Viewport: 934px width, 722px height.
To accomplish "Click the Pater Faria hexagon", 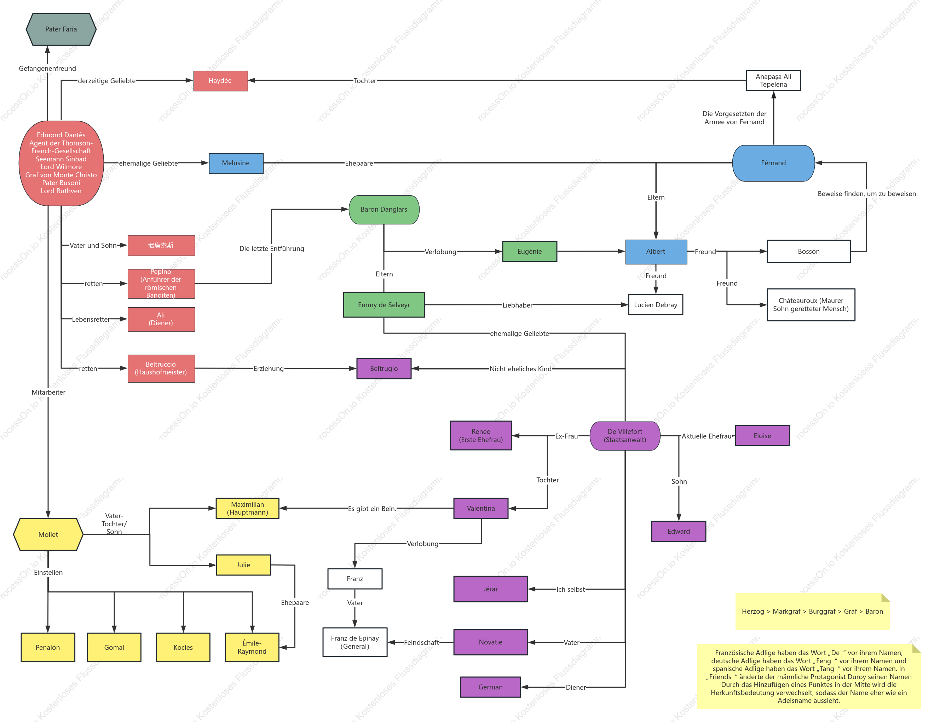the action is click(x=61, y=29).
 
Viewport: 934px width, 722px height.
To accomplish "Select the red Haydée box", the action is click(x=221, y=81).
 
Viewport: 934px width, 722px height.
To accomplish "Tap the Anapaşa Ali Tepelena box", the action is click(x=773, y=80).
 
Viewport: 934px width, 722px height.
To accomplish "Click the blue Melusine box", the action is click(x=236, y=163).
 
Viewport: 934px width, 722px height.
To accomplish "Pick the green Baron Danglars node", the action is click(x=384, y=210).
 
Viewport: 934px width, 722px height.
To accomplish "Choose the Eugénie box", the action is click(x=529, y=252).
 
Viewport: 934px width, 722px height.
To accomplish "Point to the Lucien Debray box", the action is click(x=656, y=304).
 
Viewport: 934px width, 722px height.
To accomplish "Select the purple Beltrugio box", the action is click(x=384, y=369).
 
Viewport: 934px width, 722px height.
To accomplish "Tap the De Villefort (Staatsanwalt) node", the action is click(x=625, y=436).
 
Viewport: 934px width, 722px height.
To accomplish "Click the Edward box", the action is click(x=679, y=531).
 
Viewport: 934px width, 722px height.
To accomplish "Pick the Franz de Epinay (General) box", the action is click(x=355, y=642).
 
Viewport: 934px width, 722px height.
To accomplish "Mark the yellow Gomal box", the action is click(x=114, y=647).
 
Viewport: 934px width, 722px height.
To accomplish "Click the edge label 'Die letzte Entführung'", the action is click(x=272, y=248).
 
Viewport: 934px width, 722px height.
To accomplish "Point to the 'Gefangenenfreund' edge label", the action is click(x=47, y=68).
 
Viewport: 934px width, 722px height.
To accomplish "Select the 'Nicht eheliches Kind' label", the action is click(x=520, y=369).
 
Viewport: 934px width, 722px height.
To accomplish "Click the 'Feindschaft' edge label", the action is click(x=421, y=642).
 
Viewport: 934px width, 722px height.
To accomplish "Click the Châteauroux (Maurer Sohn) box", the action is click(x=811, y=304).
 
